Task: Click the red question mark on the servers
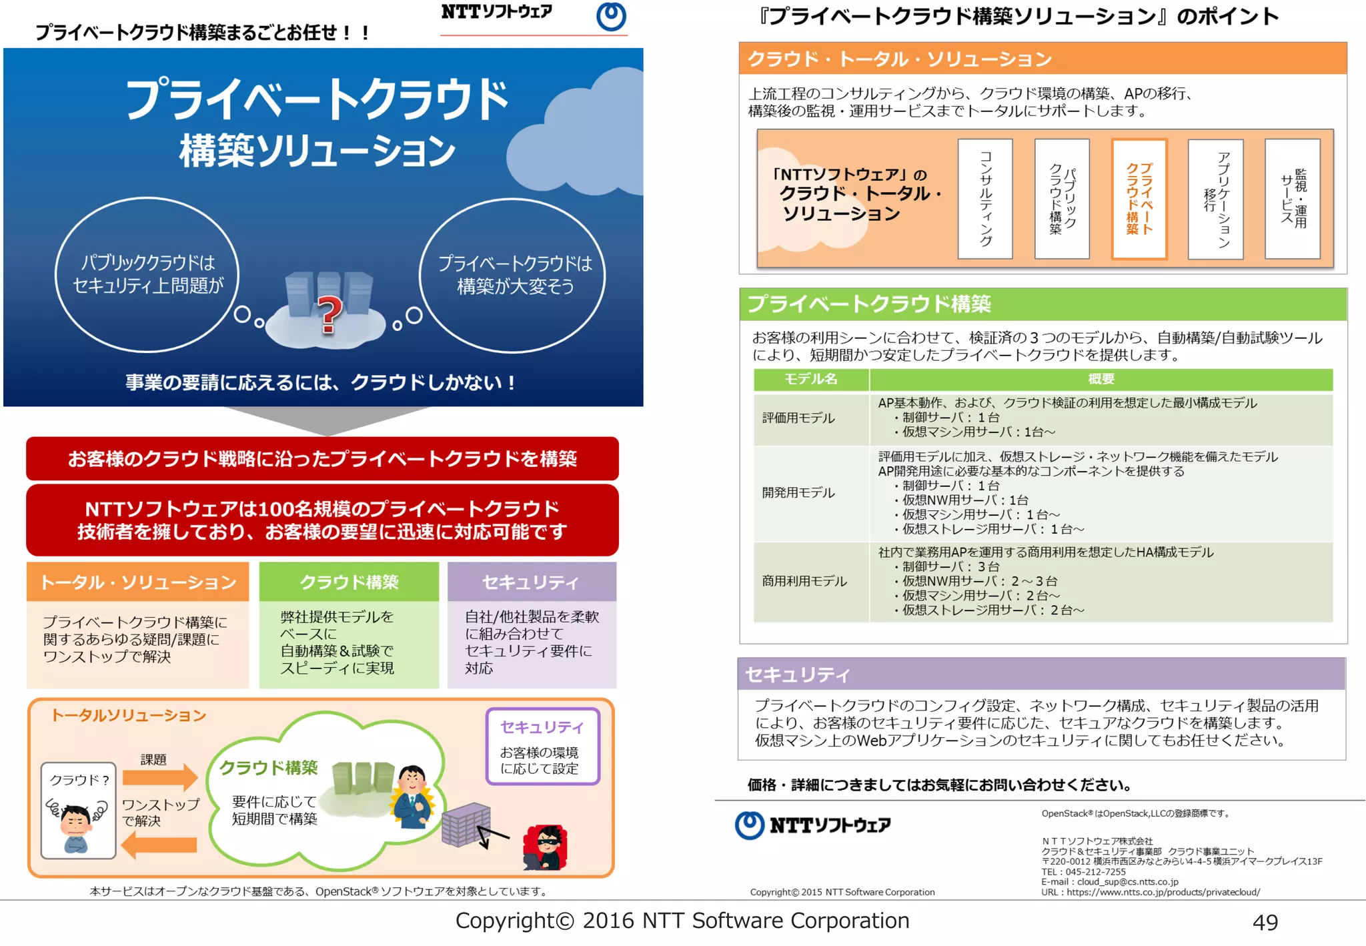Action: pos(328,314)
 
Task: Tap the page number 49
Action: pos(1265,923)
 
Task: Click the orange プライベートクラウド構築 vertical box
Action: pos(1139,199)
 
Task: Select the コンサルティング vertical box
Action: pos(985,199)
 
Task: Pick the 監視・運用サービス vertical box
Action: pos(1293,199)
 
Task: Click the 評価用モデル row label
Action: pos(798,418)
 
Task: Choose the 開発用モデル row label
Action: pos(798,493)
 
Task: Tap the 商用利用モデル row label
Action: pos(804,581)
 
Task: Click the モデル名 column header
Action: pos(811,379)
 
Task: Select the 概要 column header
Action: pos(1101,379)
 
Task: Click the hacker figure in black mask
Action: pos(546,847)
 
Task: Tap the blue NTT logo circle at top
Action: pos(611,17)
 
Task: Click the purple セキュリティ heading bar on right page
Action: pos(1041,674)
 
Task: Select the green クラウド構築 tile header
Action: pos(349,582)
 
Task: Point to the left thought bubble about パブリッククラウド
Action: pos(147,274)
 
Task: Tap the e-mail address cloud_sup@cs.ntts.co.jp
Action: pos(1127,882)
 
